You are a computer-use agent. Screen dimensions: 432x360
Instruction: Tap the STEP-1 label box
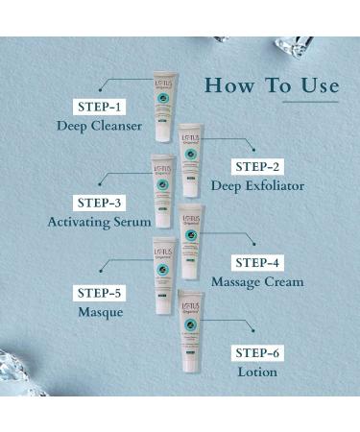pyautogui.click(x=99, y=106)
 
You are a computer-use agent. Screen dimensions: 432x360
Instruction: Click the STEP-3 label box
pyautogui.click(x=99, y=202)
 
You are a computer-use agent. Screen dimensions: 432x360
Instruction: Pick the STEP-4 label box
pyautogui.click(x=258, y=262)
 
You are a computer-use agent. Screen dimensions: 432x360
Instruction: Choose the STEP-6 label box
pyautogui.click(x=257, y=351)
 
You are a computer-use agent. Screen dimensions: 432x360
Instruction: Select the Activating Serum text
pyautogui.click(x=99, y=222)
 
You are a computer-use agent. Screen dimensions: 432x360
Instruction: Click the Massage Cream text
pyautogui.click(x=257, y=281)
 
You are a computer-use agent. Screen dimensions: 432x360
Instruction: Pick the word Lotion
pyautogui.click(x=257, y=372)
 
